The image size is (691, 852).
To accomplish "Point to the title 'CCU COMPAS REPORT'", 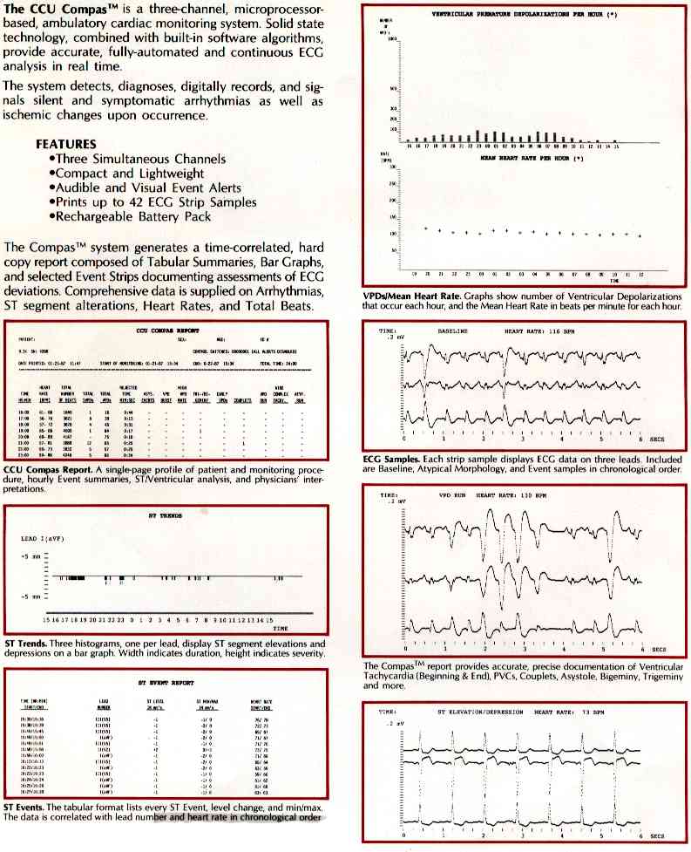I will coord(163,332).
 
